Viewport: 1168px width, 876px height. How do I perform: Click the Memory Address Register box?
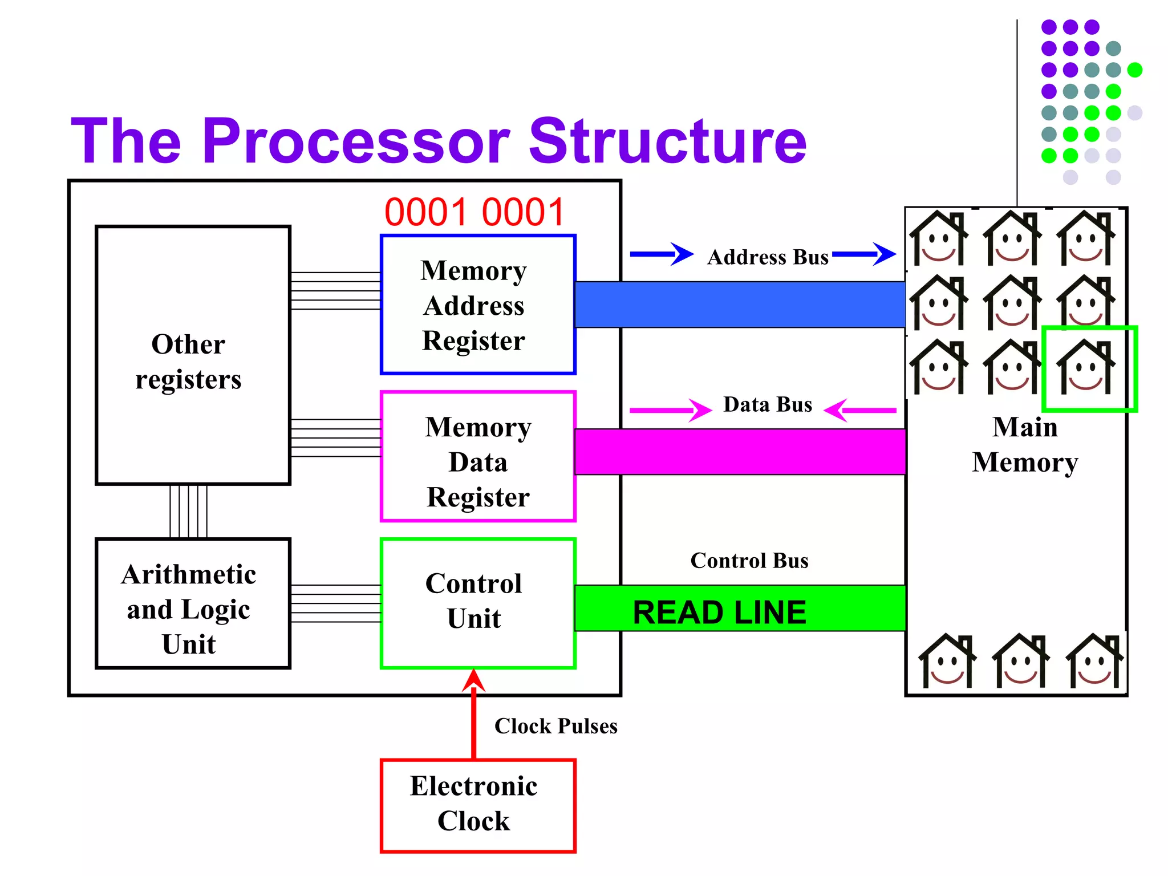tap(478, 305)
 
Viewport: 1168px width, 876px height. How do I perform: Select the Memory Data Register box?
tap(478, 456)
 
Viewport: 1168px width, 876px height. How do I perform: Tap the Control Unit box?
tap(478, 603)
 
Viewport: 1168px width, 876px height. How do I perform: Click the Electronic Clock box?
tap(478, 806)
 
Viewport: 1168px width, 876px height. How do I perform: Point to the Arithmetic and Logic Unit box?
tap(193, 603)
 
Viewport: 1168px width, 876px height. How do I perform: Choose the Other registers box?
tap(193, 355)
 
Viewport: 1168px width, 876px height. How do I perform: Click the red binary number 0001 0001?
tap(474, 212)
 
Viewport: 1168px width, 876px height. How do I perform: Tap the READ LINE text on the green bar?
tap(720, 613)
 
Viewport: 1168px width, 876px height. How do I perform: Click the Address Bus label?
tap(768, 257)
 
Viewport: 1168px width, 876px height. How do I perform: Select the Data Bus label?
tap(768, 404)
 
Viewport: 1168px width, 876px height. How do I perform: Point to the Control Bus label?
tap(749, 561)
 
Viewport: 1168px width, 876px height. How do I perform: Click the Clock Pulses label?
tap(556, 726)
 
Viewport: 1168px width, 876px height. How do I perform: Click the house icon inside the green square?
tap(1086, 367)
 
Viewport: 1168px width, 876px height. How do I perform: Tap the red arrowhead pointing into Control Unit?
tap(474, 680)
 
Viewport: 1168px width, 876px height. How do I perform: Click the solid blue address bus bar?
tap(740, 305)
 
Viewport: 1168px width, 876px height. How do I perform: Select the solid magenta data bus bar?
tap(740, 452)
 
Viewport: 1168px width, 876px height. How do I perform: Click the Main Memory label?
tap(1025, 444)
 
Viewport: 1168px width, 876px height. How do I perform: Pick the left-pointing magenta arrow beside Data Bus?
tap(860, 410)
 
